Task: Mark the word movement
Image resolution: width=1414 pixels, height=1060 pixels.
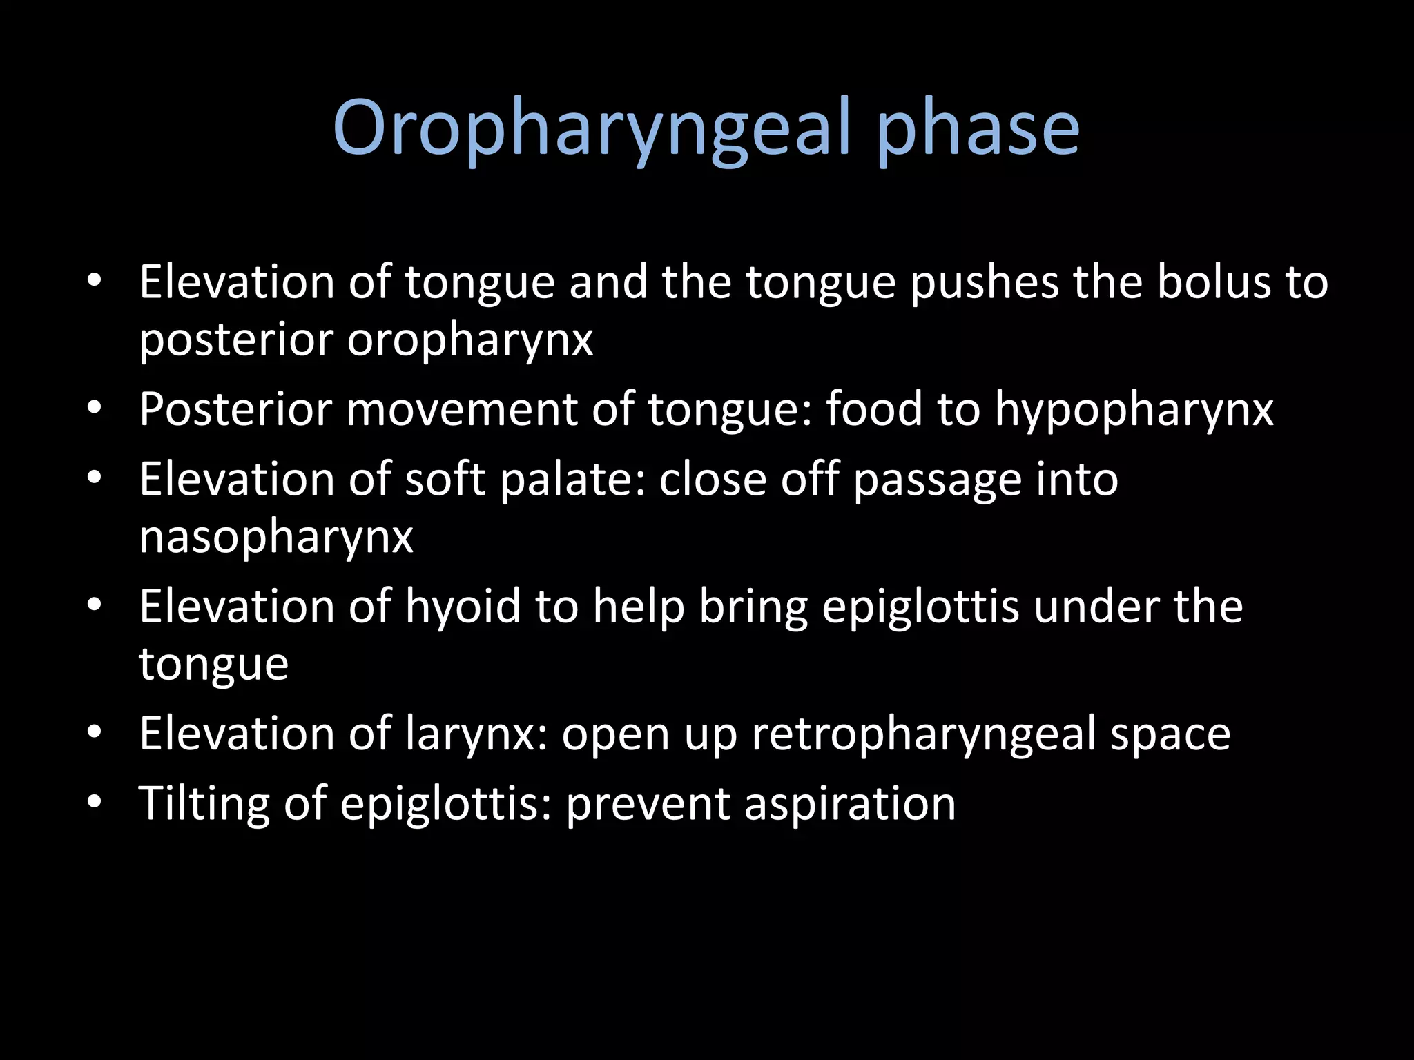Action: click(x=462, y=409)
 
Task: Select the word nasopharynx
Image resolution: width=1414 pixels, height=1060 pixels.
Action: click(x=276, y=538)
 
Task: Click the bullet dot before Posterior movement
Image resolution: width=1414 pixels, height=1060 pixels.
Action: click(x=95, y=408)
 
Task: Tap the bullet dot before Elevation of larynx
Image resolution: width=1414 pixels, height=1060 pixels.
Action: click(x=95, y=732)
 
